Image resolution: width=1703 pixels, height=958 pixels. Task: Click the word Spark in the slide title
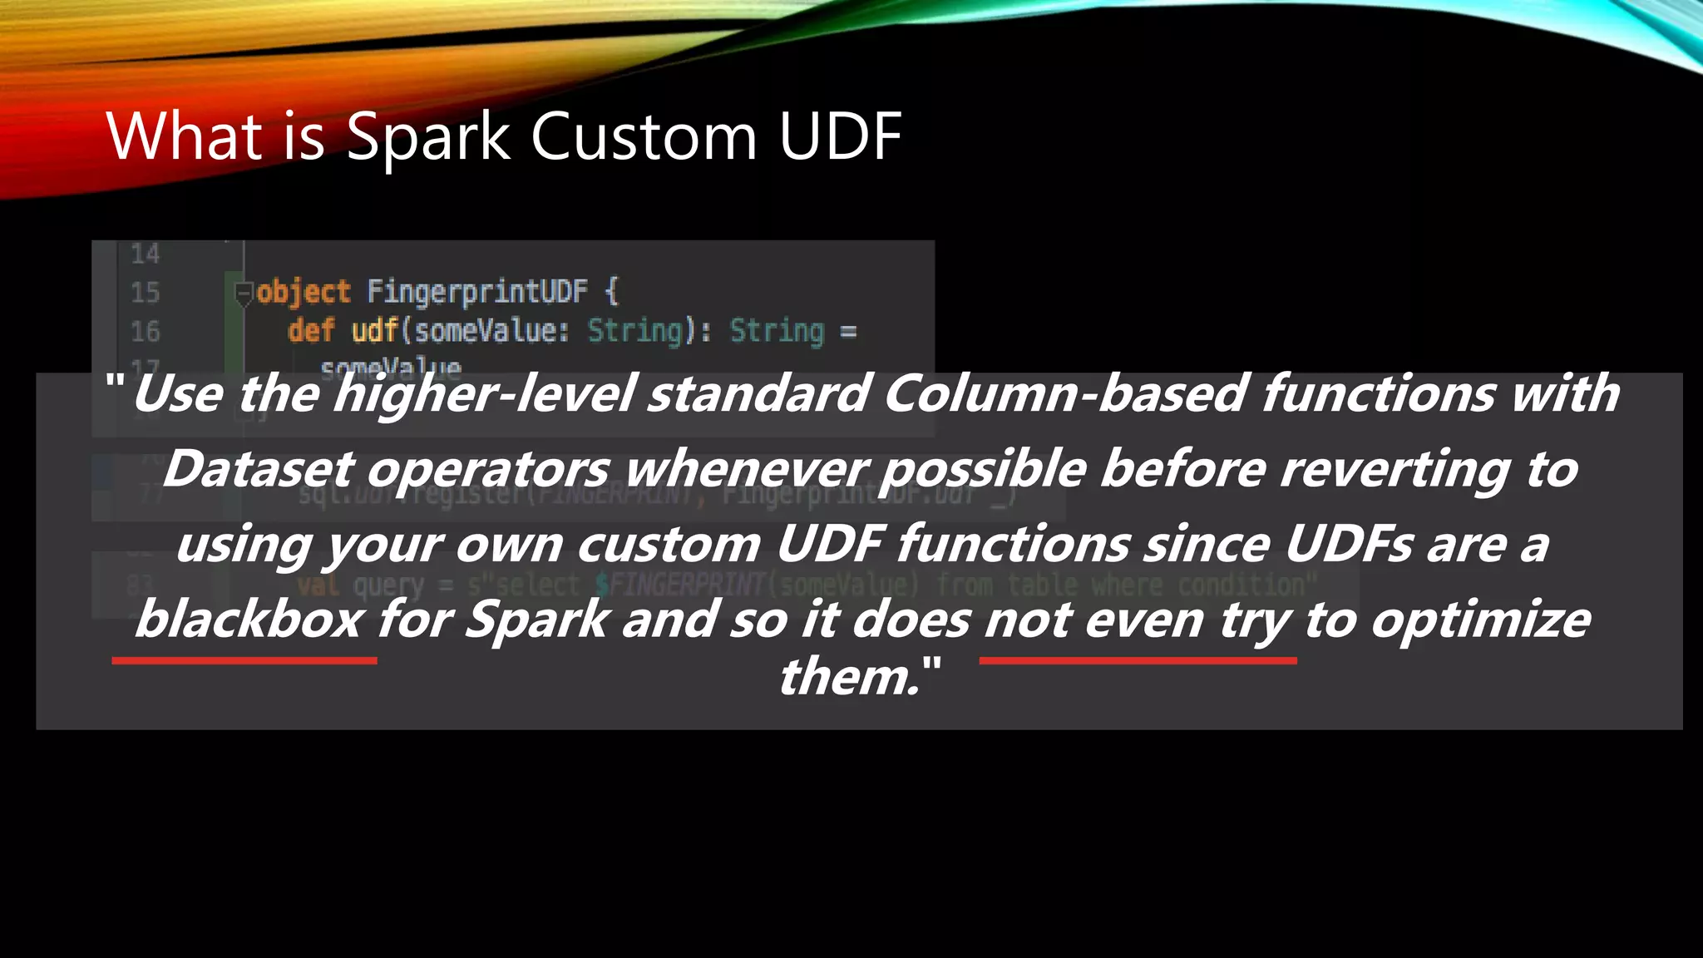(x=427, y=138)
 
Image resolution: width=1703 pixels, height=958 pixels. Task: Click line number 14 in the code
(x=145, y=254)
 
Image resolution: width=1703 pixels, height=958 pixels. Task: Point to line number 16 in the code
(x=145, y=332)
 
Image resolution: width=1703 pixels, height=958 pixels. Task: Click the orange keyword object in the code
(x=304, y=292)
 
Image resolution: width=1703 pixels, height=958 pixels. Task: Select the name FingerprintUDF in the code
(x=477, y=291)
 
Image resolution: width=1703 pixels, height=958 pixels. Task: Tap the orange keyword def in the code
(x=311, y=331)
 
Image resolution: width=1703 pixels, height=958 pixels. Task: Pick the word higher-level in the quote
(x=484, y=393)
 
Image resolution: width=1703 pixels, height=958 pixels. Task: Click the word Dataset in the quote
(x=258, y=469)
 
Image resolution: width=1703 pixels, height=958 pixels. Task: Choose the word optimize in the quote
(x=1480, y=620)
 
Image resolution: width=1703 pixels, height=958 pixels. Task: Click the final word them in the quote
(x=848, y=676)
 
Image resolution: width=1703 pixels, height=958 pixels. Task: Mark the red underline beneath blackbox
(x=244, y=660)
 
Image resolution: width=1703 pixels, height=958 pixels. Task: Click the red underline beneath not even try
(x=1138, y=660)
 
